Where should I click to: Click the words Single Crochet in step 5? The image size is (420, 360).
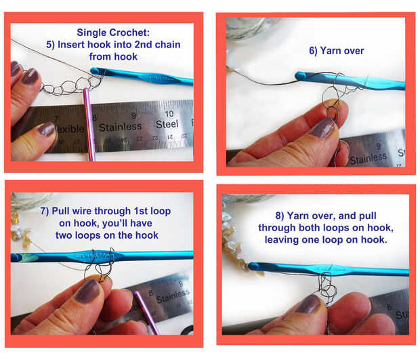pos(113,33)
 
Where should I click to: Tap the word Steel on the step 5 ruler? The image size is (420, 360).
pos(167,124)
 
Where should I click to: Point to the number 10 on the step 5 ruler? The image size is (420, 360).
pos(169,114)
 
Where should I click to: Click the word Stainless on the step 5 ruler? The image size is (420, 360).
pos(121,127)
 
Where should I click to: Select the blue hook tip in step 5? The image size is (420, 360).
pos(95,71)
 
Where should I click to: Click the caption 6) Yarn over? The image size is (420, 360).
pos(337,51)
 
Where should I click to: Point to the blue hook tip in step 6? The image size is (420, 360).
pos(299,76)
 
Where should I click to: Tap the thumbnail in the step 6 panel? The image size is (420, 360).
pos(322,128)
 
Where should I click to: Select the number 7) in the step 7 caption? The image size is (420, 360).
pos(45,211)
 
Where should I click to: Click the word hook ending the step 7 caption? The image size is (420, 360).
pos(146,235)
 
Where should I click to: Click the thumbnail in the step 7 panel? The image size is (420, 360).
pos(87,291)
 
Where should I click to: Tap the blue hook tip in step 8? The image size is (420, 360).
pos(253,266)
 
